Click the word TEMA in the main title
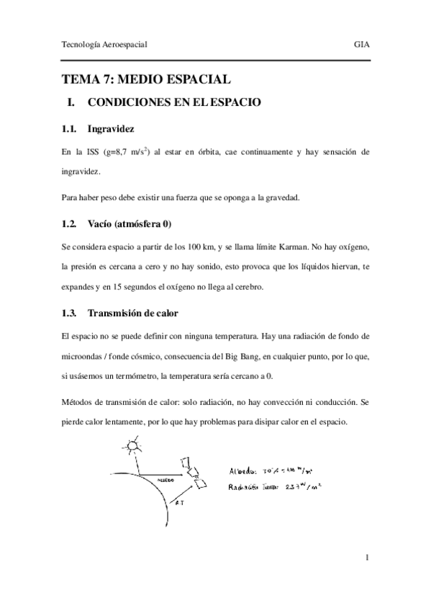pyautogui.click(x=80, y=79)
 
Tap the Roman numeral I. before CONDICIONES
pyautogui.click(x=71, y=103)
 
